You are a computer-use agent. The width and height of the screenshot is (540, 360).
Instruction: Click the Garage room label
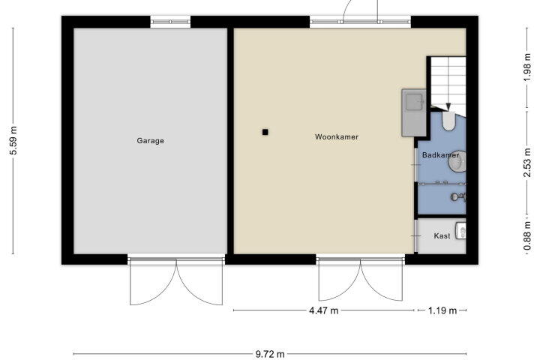point(150,140)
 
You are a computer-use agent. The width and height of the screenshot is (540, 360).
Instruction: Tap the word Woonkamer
point(337,136)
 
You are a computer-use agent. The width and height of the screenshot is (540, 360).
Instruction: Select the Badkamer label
point(440,155)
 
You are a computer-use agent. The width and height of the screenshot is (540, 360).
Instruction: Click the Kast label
point(442,236)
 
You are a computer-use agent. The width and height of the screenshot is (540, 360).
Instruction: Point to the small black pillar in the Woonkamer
point(265,132)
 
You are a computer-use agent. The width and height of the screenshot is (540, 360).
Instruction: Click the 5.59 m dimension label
point(13,140)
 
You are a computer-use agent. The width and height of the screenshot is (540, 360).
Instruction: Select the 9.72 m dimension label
point(270,354)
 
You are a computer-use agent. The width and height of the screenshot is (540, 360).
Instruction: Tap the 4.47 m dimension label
point(324,310)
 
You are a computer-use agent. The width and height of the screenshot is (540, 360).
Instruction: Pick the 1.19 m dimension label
point(442,310)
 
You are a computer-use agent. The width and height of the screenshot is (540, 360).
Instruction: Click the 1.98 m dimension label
point(527,67)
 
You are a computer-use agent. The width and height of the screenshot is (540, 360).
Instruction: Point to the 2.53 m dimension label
point(527,163)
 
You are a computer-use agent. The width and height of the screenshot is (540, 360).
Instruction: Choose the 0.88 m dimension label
point(527,236)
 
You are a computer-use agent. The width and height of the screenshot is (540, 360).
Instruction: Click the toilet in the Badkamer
point(448,121)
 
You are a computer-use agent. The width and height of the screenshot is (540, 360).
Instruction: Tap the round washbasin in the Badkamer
point(457,161)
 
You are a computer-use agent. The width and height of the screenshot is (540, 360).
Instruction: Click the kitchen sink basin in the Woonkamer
point(414,102)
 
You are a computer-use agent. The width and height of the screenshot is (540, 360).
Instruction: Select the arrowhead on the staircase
point(448,107)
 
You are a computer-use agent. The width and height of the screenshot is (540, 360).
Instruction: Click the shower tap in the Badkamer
point(458,197)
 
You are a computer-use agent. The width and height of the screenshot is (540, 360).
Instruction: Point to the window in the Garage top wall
point(170,22)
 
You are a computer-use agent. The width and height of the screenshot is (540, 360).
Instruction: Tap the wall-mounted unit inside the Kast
point(460,230)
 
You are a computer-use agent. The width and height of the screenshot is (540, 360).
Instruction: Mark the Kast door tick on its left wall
point(416,236)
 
